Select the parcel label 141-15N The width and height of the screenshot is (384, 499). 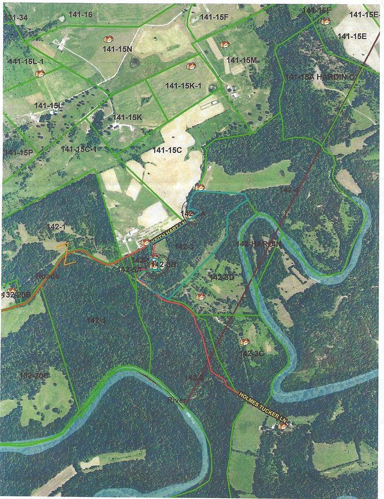(117, 49)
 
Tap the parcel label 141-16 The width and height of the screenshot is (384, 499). (81, 14)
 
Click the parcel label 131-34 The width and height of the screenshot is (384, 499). (15, 18)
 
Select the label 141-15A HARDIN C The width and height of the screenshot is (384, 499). (320, 77)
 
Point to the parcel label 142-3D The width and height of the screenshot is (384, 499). (222, 277)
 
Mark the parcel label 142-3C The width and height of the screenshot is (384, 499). (251, 353)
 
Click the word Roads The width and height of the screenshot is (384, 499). (47, 277)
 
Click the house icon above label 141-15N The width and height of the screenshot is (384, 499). (108, 39)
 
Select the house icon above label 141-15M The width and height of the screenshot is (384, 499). (225, 45)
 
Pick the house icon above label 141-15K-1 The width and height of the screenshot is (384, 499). (191, 66)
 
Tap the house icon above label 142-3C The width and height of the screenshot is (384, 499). (245, 342)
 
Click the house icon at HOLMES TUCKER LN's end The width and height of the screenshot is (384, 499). (282, 426)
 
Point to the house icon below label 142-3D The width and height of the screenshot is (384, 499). (201, 296)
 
